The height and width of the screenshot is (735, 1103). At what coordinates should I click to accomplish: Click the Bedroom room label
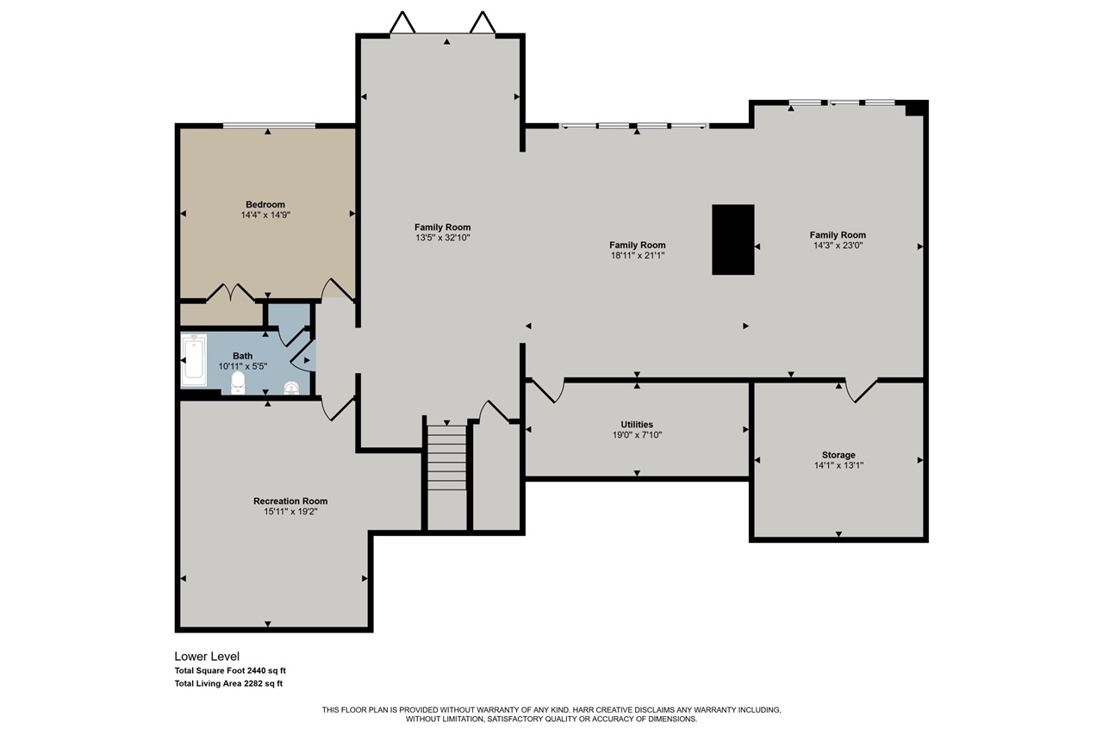(265, 204)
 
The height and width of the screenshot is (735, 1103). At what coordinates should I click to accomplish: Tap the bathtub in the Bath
(194, 360)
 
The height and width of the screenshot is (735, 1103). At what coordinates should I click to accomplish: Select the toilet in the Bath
(238, 383)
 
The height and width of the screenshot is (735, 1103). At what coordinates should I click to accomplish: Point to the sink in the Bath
(291, 388)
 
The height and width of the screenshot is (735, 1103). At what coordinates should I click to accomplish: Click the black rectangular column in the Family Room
(732, 240)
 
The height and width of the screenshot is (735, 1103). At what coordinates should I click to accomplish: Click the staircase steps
(446, 458)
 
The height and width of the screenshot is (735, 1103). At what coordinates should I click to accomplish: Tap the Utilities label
(637, 424)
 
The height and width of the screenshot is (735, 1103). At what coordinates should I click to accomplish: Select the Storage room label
(838, 455)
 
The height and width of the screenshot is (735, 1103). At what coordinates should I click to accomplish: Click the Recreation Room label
(290, 501)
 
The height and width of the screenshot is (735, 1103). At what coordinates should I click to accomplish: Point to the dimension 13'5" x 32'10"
(443, 238)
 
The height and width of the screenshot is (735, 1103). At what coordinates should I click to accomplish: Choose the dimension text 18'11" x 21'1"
(638, 256)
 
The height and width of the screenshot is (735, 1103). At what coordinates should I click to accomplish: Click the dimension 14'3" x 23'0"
(838, 246)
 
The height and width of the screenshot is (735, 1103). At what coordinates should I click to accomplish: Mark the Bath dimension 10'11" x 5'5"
(243, 366)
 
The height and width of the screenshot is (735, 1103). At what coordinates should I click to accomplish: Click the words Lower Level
(207, 657)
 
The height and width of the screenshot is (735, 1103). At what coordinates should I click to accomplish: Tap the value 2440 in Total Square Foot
(257, 670)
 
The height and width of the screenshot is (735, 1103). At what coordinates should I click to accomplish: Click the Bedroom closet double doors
(230, 292)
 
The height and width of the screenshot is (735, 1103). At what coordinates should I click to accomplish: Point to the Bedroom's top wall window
(269, 126)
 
